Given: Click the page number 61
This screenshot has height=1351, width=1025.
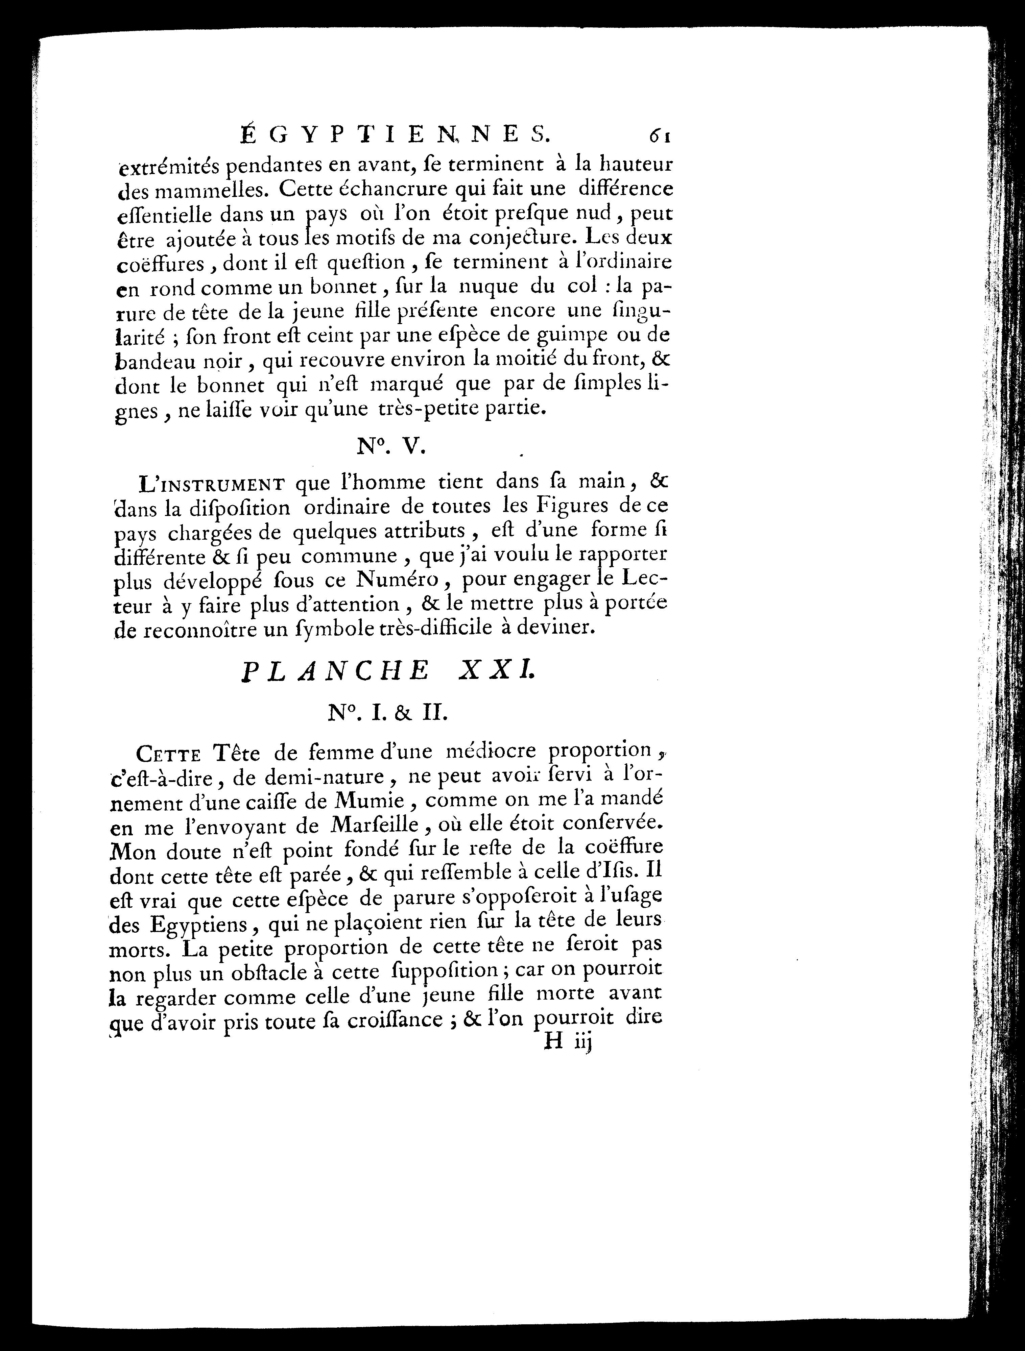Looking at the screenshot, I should click(661, 136).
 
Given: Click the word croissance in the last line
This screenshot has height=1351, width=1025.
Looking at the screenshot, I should click(386, 1020).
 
